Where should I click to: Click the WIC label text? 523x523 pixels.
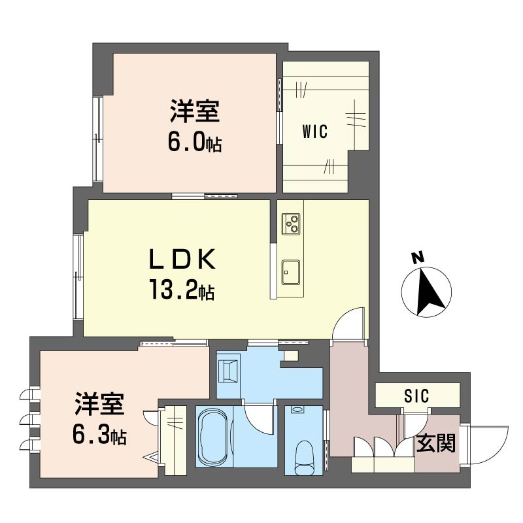tap(314, 132)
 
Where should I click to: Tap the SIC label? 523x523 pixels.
tap(415, 396)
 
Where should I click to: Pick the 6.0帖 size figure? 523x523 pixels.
tap(192, 142)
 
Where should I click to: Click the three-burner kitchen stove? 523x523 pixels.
tap(290, 224)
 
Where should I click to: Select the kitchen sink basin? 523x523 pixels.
tap(290, 269)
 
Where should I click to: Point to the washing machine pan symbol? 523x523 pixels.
tap(229, 369)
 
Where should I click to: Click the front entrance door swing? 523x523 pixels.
tap(488, 445)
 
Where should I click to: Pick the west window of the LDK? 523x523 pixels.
tap(78, 277)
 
